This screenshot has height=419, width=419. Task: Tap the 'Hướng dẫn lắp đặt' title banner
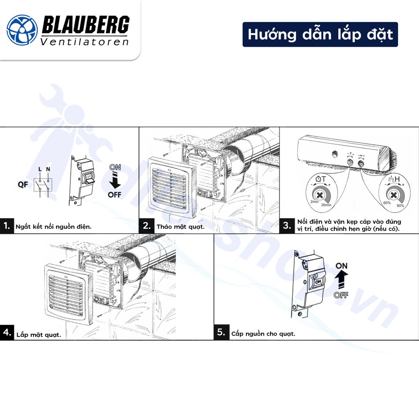[320, 34]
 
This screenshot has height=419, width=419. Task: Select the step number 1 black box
[7, 225]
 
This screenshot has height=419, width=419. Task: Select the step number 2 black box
[146, 225]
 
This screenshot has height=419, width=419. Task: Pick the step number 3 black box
[287, 225]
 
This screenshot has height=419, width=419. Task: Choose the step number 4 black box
[7, 332]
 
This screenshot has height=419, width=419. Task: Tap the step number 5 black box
[221, 332]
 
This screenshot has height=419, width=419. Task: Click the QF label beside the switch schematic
[23, 185]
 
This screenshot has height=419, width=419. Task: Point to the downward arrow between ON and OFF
[115, 180]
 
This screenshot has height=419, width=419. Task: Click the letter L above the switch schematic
[40, 169]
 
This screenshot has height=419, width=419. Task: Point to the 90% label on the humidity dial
[400, 205]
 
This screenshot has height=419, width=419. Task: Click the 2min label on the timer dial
[314, 202]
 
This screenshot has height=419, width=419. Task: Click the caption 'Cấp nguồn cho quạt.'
[263, 334]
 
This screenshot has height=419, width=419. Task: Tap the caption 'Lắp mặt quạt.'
[39, 335]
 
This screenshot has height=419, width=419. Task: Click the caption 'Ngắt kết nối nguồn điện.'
[53, 226]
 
